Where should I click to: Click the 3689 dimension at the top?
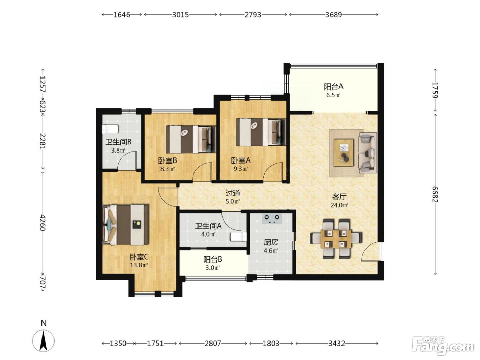334,15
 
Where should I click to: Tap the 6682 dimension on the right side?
435,194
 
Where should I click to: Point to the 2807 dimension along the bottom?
213,344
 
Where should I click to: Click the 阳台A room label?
334,87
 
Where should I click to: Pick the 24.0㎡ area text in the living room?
339,205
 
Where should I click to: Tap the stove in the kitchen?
272,218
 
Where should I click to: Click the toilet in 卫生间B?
110,129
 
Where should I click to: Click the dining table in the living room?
336,239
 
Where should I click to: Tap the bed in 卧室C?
125,225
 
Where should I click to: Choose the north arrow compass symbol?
43,340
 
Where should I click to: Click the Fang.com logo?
443,346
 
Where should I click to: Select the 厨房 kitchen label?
271,242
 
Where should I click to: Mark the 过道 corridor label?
233,193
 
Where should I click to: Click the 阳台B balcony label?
213,259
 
